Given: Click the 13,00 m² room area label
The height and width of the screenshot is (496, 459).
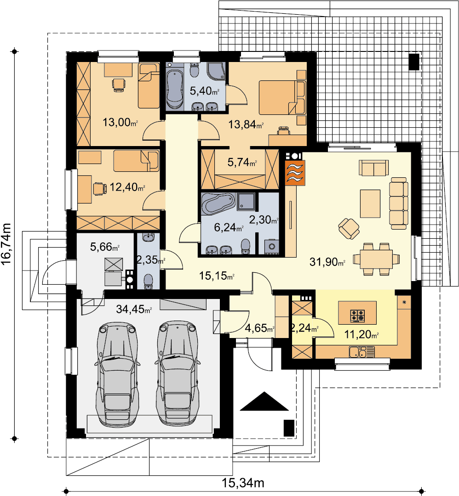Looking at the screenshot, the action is pyautogui.click(x=120, y=122).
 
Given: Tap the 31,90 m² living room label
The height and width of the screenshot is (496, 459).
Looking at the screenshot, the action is pyautogui.click(x=327, y=262).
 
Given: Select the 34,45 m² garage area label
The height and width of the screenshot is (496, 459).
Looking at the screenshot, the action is pyautogui.click(x=134, y=309).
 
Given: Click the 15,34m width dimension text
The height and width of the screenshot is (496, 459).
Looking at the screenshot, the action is pyautogui.click(x=243, y=483).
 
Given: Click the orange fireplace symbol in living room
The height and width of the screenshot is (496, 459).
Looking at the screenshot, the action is pyautogui.click(x=295, y=173).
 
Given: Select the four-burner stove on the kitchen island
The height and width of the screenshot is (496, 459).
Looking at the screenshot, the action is pyautogui.click(x=357, y=316).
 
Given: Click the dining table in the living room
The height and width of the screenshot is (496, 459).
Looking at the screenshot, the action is pyautogui.click(x=376, y=259).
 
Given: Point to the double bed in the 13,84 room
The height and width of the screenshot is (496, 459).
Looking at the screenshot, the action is pyautogui.click(x=282, y=97).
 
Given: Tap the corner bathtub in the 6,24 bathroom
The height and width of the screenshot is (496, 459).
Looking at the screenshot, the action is pyautogui.click(x=218, y=203).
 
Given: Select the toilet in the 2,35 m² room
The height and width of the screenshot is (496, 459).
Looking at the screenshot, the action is pyautogui.click(x=149, y=281).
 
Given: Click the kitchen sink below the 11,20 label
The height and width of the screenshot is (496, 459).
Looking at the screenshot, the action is pyautogui.click(x=362, y=352).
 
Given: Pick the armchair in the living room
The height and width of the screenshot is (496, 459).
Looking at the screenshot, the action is pyautogui.click(x=349, y=229).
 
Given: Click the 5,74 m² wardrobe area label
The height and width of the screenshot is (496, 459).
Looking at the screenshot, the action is pyautogui.click(x=242, y=163).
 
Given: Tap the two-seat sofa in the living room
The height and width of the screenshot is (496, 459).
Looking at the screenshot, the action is pyautogui.click(x=373, y=168).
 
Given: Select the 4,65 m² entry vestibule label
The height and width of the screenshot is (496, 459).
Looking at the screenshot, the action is pyautogui.click(x=260, y=328).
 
